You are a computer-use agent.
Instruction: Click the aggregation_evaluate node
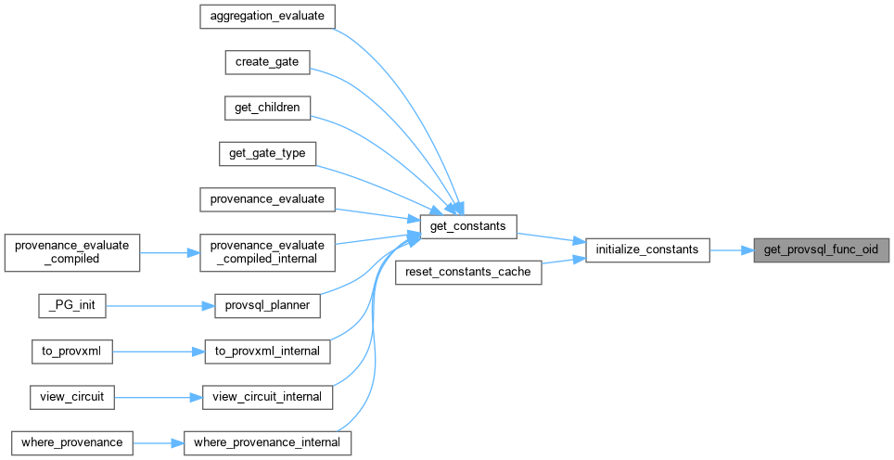click(267, 17)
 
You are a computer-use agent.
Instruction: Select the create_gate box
click(267, 62)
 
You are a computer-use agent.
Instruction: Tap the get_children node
click(267, 108)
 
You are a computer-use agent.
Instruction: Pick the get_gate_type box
click(267, 153)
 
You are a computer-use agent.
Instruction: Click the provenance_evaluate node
click(267, 198)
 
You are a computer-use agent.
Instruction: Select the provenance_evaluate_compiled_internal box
click(267, 251)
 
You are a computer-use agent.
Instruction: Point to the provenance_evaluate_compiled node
click(72, 251)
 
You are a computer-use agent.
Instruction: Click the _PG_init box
click(72, 304)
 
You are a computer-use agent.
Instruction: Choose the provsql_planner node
click(267, 304)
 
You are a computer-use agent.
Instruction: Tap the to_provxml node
click(72, 351)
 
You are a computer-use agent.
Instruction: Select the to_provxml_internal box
click(267, 351)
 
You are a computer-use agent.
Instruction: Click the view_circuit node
click(72, 396)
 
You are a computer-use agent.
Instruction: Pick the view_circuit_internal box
click(267, 396)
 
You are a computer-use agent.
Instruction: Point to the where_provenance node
click(72, 442)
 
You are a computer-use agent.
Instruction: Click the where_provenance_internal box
click(267, 442)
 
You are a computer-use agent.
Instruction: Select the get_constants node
click(467, 225)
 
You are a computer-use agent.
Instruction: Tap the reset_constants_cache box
click(467, 272)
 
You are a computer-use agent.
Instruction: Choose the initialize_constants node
click(646, 249)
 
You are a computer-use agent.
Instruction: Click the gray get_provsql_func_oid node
click(822, 249)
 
